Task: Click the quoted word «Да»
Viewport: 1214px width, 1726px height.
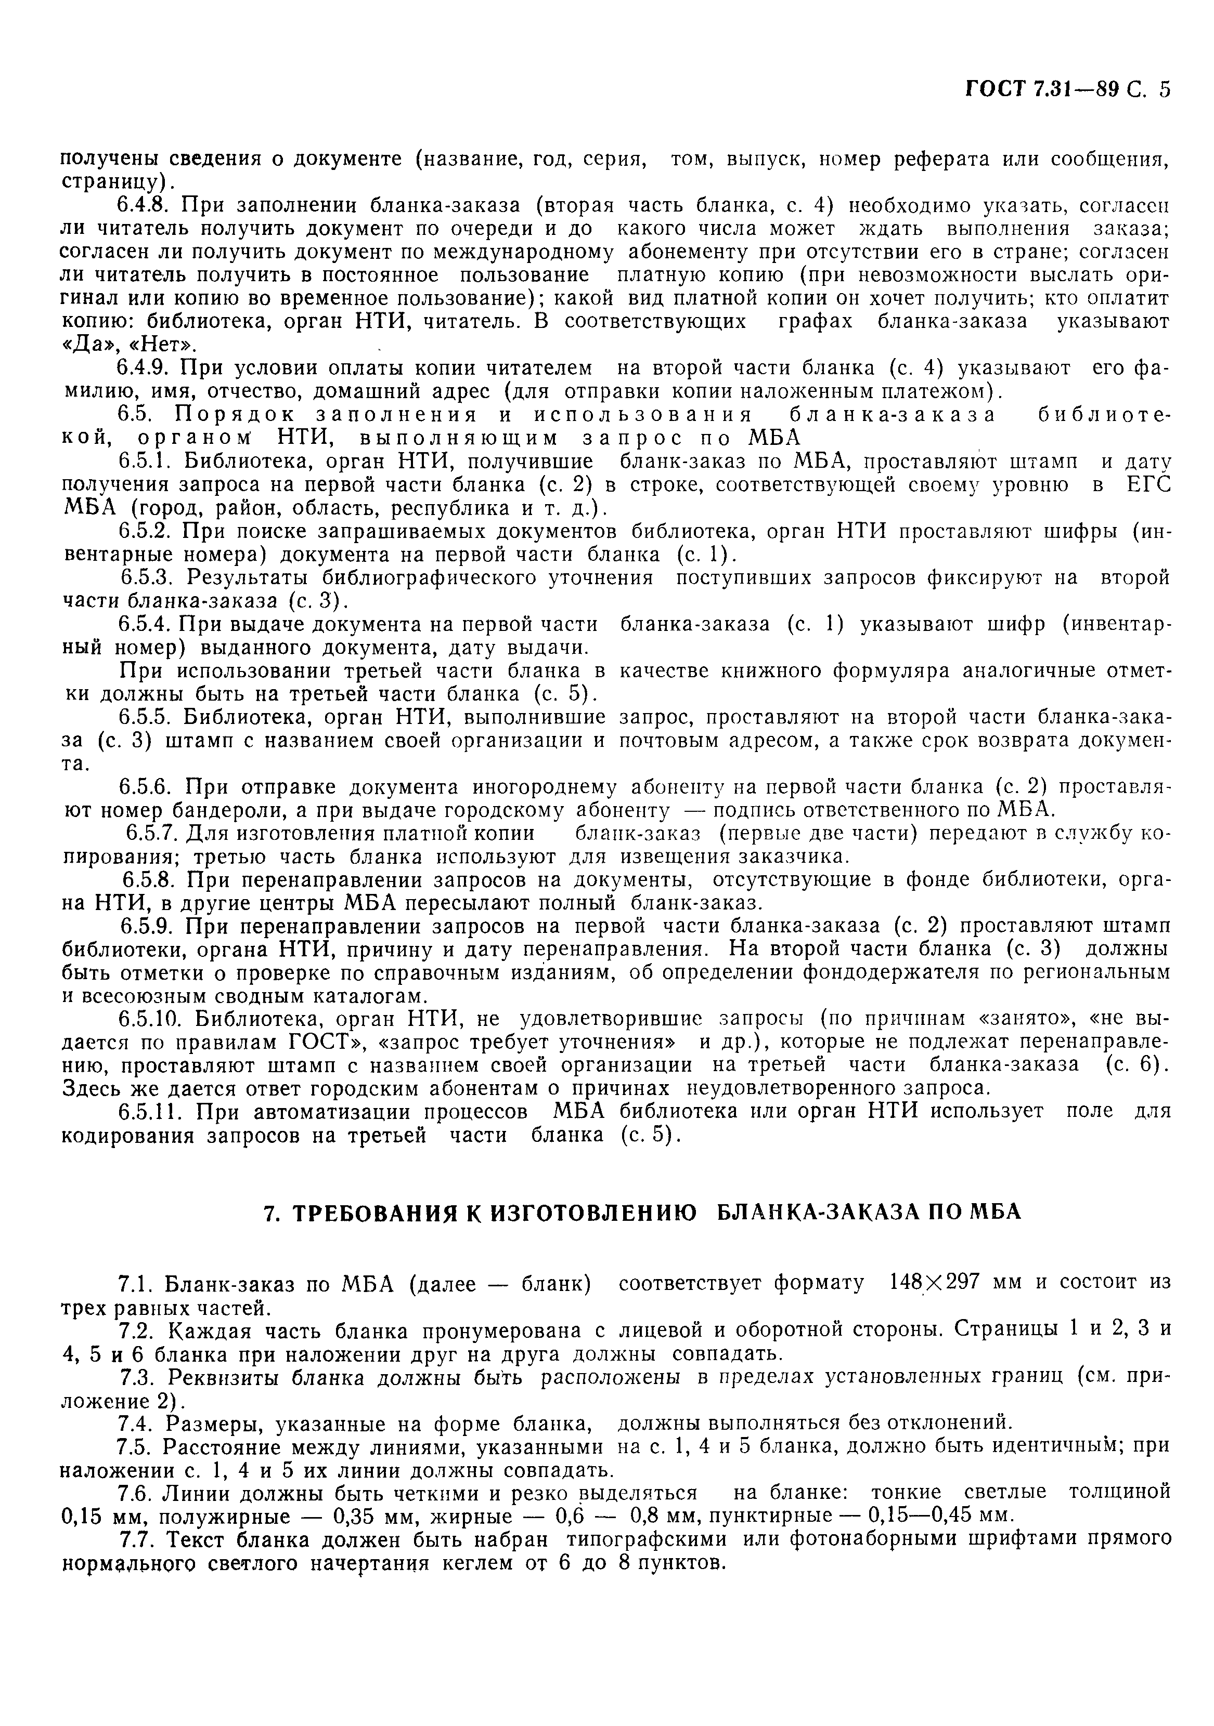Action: pos(84,345)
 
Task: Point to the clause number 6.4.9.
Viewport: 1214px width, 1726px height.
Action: pos(145,368)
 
